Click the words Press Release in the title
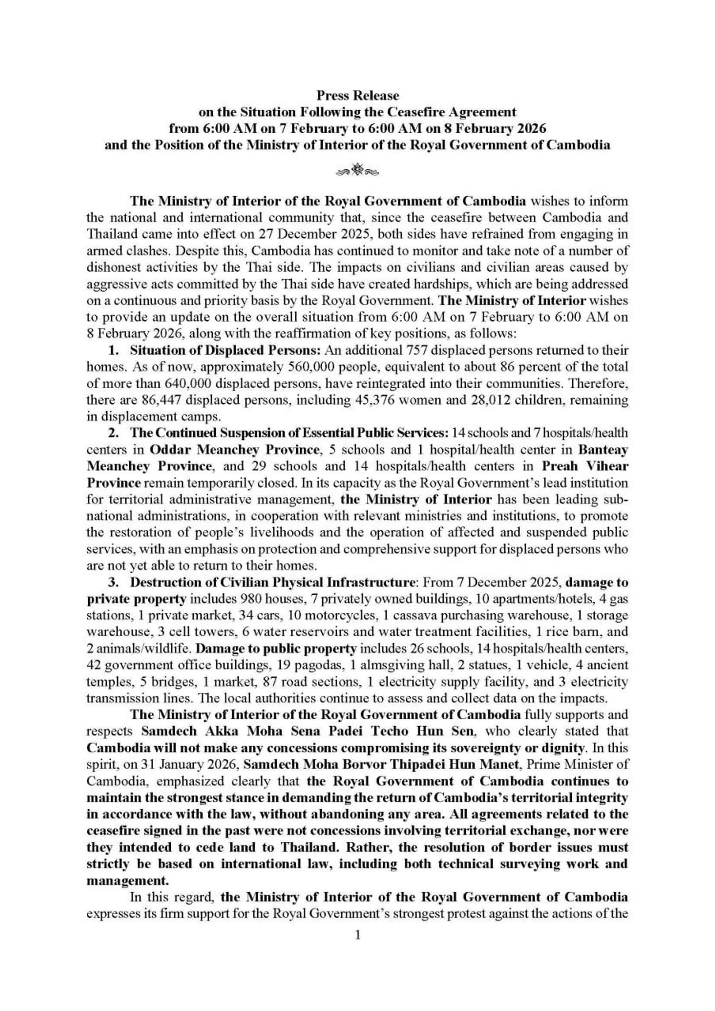click(x=357, y=96)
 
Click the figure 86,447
click(x=161, y=400)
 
